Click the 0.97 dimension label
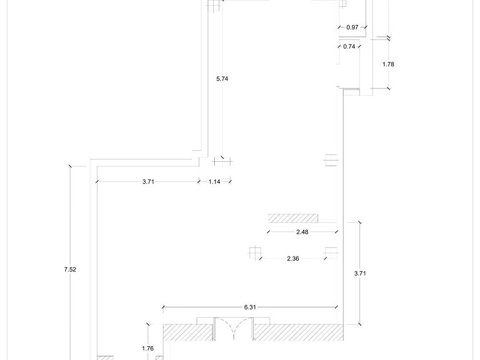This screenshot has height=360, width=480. tap(352, 27)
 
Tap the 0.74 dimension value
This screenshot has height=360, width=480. tap(349, 46)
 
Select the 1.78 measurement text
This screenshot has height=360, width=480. tap(388, 64)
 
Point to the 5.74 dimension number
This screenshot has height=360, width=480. tap(222, 79)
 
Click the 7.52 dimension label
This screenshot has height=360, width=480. tap(70, 270)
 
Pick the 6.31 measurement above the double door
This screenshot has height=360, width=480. tap(250, 307)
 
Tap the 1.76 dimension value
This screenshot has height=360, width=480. tap(148, 349)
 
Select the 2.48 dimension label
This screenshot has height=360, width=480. tap(302, 232)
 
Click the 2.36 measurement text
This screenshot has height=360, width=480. tap(293, 259)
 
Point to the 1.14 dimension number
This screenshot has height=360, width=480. tap(214, 182)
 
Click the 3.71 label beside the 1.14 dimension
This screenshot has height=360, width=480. tap(148, 182)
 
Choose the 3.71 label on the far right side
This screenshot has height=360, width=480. tap(360, 273)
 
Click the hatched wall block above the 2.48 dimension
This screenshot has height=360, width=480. tap(293, 218)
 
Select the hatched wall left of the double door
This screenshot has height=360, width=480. tap(187, 332)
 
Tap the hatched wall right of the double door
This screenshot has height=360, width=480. tap(299, 332)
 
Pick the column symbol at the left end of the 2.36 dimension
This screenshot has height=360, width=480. tap(255, 253)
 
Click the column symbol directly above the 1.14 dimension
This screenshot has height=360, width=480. tap(222, 161)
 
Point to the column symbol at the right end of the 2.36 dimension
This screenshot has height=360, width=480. tap(331, 253)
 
